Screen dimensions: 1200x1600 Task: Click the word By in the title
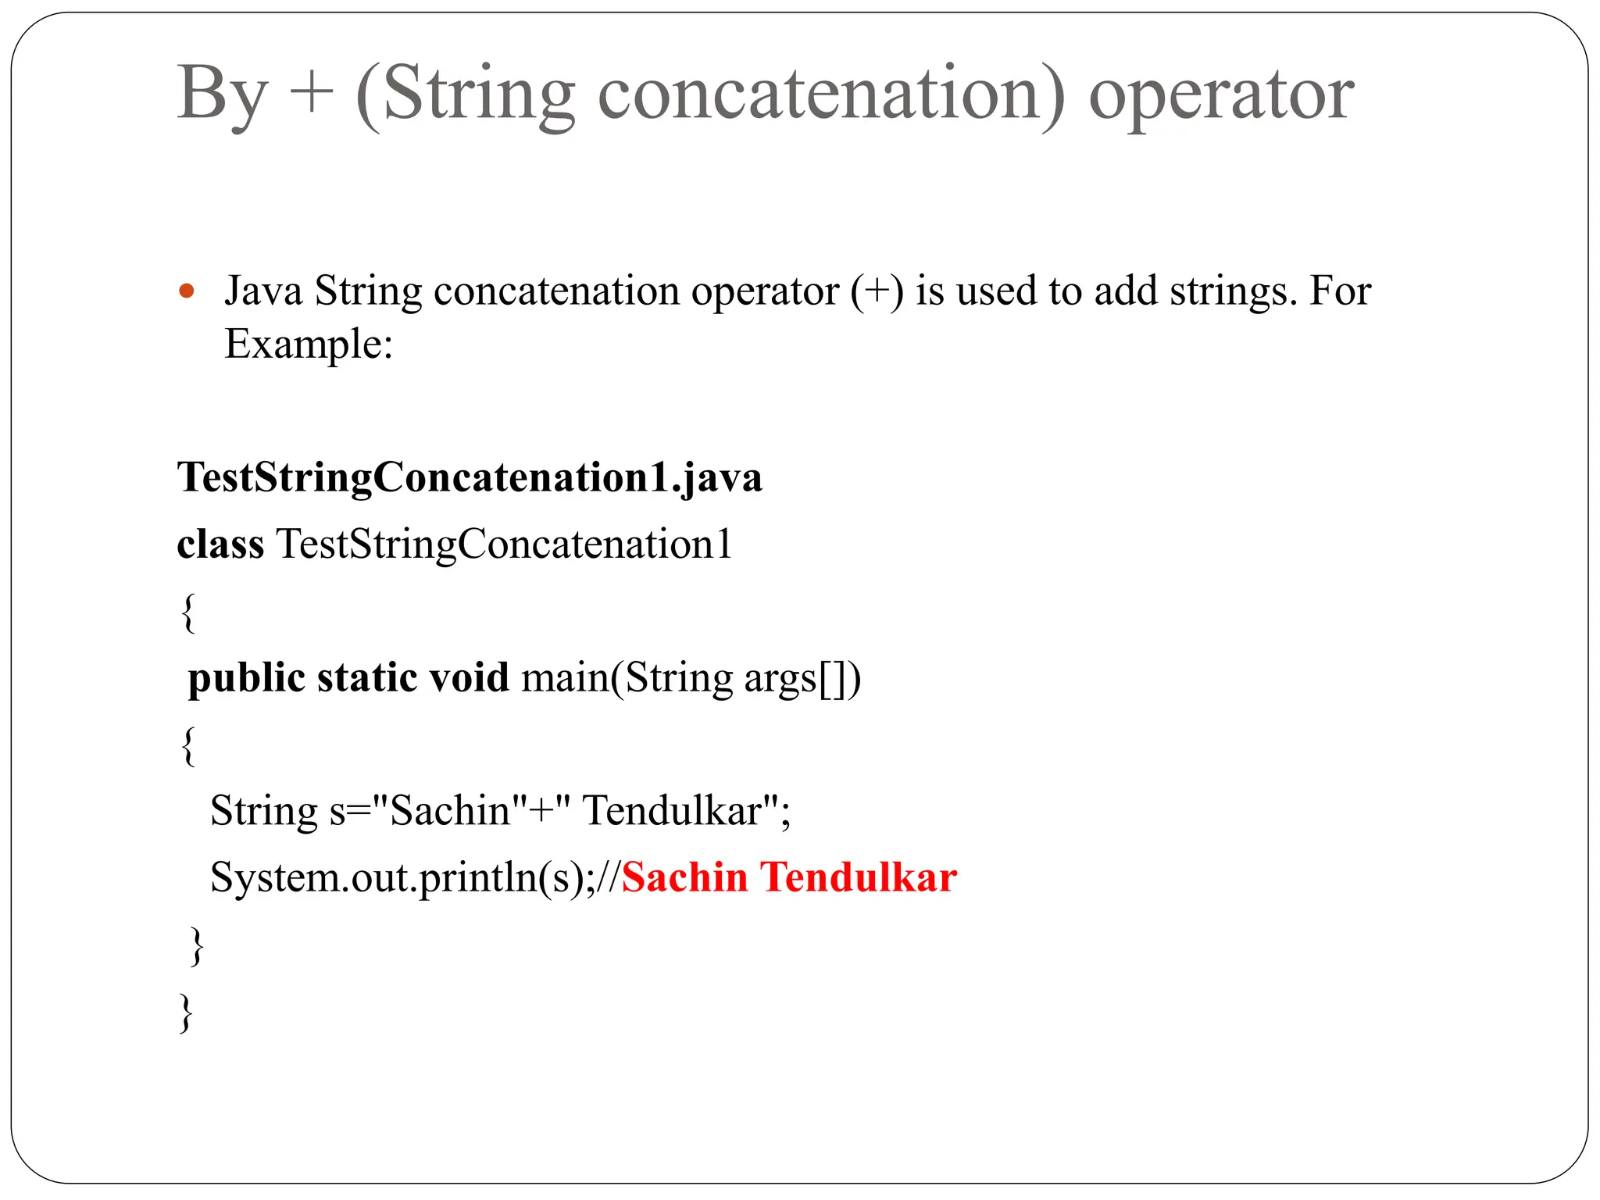click(x=223, y=95)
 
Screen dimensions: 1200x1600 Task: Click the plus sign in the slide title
click(x=311, y=94)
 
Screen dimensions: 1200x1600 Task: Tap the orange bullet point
click(x=186, y=292)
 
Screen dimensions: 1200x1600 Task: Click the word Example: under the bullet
click(x=309, y=344)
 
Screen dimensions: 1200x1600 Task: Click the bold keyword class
click(x=220, y=544)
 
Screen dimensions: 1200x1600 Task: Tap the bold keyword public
click(x=247, y=678)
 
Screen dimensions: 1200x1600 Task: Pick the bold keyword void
click(x=469, y=677)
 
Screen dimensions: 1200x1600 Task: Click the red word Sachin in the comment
click(x=684, y=877)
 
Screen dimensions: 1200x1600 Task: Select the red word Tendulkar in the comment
click(x=859, y=877)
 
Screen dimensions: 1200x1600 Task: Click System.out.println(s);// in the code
click(x=415, y=878)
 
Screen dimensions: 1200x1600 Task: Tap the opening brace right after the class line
click(x=187, y=612)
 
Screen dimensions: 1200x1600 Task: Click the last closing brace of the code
click(x=186, y=1012)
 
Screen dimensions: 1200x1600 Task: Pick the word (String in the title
click(x=466, y=95)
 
